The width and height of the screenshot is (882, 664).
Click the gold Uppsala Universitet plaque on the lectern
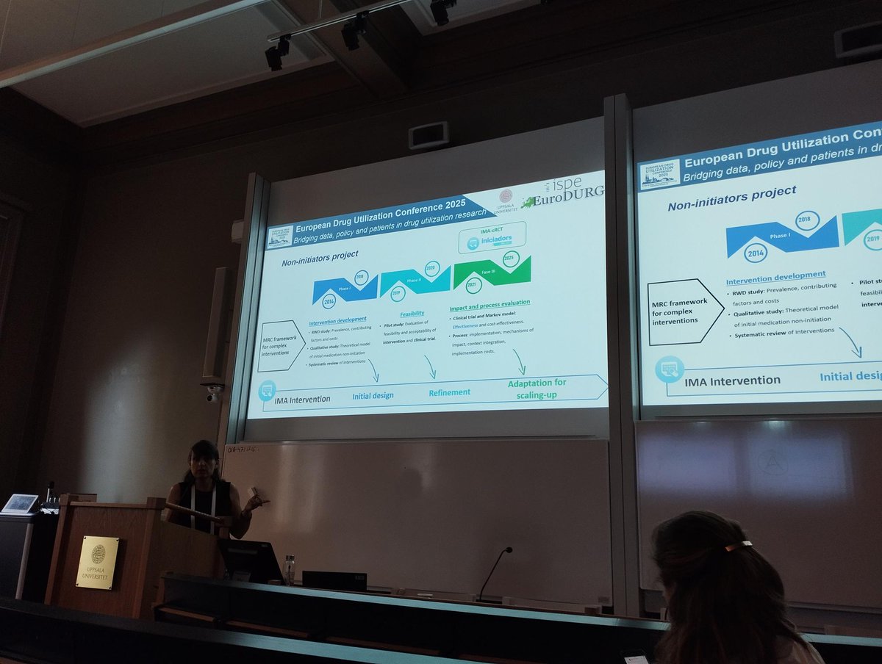[97, 562]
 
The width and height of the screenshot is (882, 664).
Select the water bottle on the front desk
[290, 569]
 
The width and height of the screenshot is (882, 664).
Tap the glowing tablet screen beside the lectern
[20, 503]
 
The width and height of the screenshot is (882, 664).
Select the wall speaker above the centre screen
[429, 135]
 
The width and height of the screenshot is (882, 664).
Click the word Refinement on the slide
[449, 392]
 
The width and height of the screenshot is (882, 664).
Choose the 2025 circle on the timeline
[511, 258]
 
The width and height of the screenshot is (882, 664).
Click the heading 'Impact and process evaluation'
[490, 302]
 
